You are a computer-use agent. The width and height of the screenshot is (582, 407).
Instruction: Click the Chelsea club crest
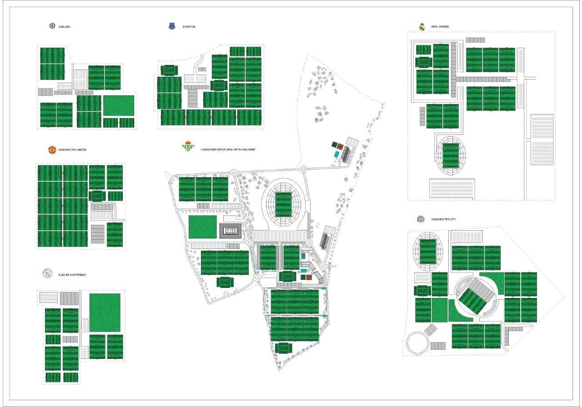tap(53, 26)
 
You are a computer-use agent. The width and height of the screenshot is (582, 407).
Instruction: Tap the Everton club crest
tap(172, 26)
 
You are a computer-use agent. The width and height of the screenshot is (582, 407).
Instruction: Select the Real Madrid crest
tap(422, 27)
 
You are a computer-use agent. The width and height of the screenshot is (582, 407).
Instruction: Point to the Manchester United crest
tap(52, 149)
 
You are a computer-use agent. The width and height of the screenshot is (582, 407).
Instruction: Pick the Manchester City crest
tap(421, 219)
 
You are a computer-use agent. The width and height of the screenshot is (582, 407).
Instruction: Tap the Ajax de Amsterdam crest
tap(47, 274)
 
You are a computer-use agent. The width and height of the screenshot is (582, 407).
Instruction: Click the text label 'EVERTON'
tap(189, 27)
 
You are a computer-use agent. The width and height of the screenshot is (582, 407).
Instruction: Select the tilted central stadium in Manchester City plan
tap(474, 298)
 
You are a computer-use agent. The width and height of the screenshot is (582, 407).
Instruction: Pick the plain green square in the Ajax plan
tap(105, 313)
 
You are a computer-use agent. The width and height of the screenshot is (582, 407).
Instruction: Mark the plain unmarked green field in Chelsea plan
tap(119, 105)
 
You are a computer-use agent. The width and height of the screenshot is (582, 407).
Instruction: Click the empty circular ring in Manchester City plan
tap(417, 343)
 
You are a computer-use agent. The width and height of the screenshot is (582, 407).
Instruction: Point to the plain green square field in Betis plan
tap(203, 227)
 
